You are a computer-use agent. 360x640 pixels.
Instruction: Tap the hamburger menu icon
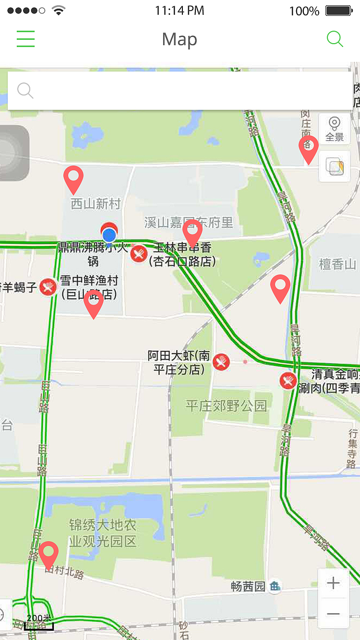(x=26, y=39)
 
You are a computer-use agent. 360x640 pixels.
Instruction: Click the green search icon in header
(x=335, y=39)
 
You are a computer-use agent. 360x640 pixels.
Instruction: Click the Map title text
(x=180, y=39)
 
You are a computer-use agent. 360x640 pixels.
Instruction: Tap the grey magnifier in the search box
(x=25, y=90)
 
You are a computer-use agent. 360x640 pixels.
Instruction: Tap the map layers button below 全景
(x=335, y=166)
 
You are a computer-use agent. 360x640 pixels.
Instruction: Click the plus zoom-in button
(x=333, y=583)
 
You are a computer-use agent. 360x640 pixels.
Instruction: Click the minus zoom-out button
(x=333, y=614)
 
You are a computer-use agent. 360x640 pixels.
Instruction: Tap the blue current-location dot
(x=109, y=235)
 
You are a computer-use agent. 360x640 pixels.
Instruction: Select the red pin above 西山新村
(x=73, y=178)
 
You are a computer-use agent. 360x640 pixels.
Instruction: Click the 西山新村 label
(x=96, y=204)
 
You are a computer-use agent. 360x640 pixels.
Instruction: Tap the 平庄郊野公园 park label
(x=226, y=406)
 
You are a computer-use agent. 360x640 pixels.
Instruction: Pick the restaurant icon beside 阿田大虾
(x=221, y=362)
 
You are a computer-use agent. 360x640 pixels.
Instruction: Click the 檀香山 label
(x=338, y=264)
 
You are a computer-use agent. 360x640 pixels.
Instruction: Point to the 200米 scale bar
(x=39, y=623)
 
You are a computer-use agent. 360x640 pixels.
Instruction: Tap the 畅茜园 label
(x=248, y=586)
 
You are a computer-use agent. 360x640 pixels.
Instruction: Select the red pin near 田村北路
(x=48, y=554)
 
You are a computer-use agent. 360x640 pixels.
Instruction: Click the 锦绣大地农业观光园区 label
(x=103, y=533)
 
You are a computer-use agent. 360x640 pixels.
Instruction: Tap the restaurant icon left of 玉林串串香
(x=139, y=254)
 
